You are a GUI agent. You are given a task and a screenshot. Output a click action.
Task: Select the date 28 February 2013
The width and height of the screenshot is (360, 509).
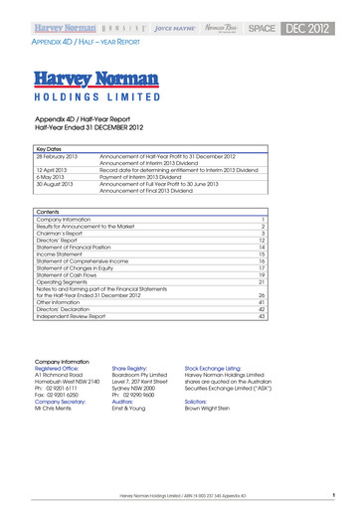click(61, 156)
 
